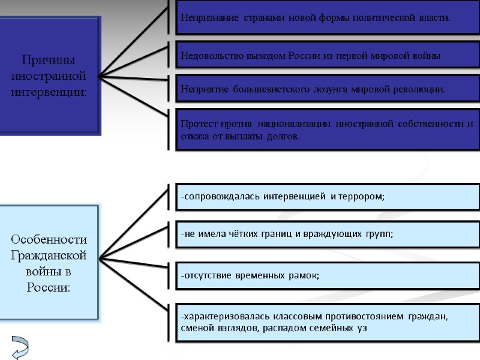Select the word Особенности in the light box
click(49, 240)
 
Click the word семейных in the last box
click(326, 328)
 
